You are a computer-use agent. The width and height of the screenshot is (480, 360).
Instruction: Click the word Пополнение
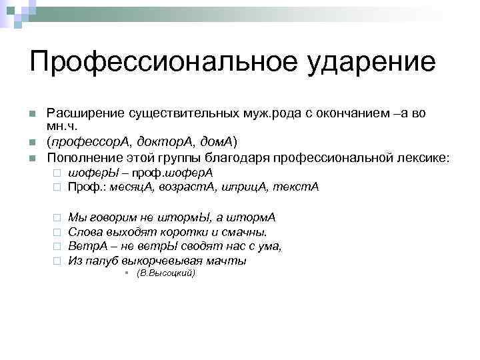(x=79, y=159)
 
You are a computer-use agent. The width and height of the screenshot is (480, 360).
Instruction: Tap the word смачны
(x=245, y=232)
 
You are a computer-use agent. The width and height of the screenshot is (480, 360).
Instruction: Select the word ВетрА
(x=85, y=246)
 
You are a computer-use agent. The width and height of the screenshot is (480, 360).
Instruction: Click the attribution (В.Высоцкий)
(x=165, y=273)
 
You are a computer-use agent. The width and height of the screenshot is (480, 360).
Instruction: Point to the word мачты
(x=230, y=261)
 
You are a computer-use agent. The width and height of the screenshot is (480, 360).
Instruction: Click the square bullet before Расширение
(x=32, y=114)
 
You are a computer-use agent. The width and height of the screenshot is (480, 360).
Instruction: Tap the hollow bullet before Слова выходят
(x=57, y=232)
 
